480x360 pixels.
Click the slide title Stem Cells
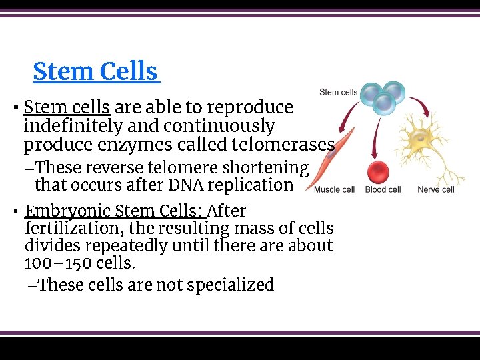coord(95,71)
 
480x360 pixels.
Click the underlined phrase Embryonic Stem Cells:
coord(115,211)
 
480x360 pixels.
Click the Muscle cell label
coord(334,190)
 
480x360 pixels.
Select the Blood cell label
coord(383,190)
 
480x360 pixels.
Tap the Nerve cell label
coord(435,190)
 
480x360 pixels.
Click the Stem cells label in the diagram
coord(338,93)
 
